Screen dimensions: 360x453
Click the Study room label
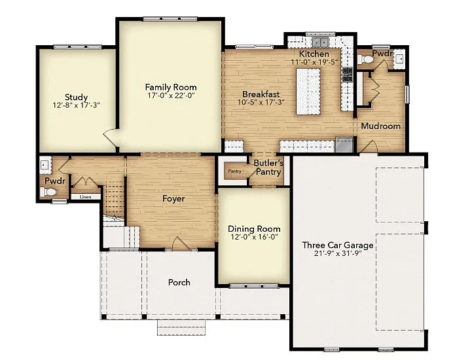(x=76, y=98)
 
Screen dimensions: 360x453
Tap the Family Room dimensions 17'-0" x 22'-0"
(x=170, y=96)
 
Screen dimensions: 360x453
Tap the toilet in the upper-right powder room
(x=368, y=60)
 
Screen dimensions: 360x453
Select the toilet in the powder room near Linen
(x=49, y=192)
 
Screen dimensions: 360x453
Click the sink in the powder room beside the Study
(x=45, y=164)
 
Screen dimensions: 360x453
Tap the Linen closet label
(x=85, y=196)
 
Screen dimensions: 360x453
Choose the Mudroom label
(x=380, y=126)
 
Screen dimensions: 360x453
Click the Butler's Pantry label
(x=268, y=167)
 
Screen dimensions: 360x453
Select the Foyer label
(x=173, y=198)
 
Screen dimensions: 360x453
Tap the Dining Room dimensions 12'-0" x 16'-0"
(x=254, y=238)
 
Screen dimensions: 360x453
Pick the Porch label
(x=179, y=282)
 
